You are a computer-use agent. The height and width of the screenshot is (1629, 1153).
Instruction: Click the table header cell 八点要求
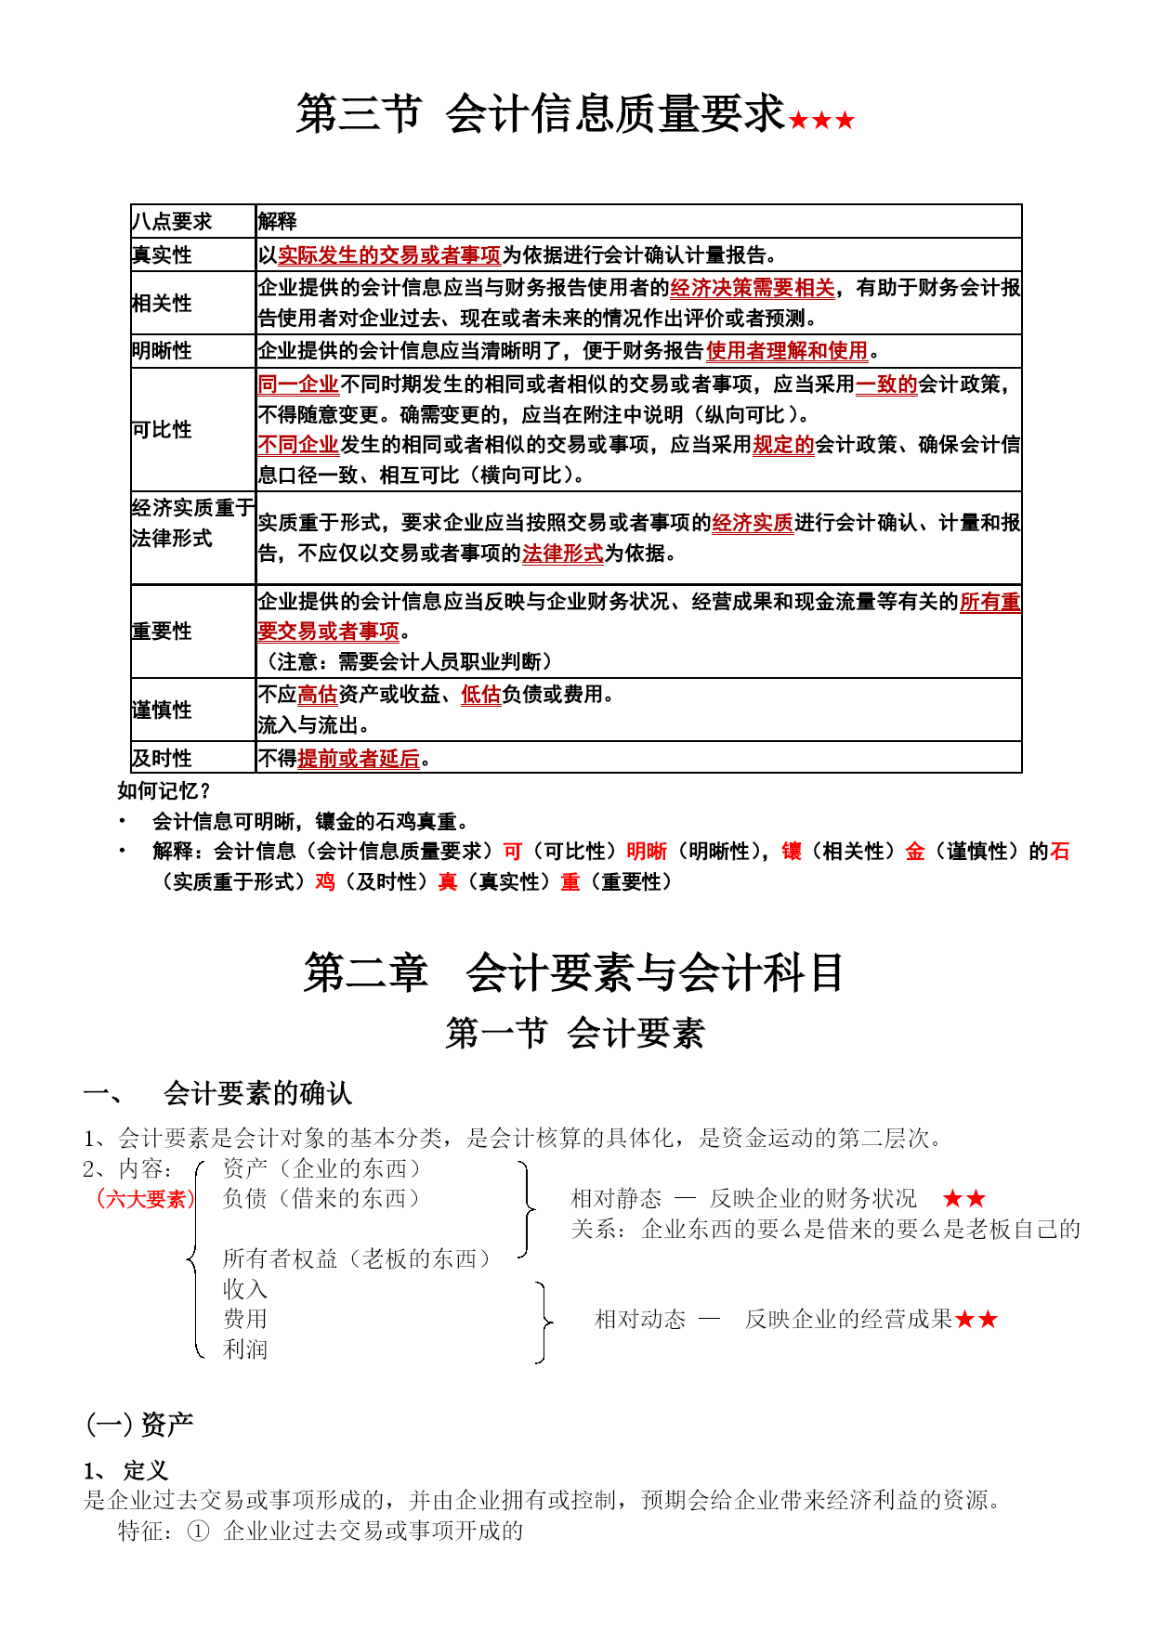pos(172,221)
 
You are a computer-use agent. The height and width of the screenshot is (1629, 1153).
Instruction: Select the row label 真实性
pos(162,254)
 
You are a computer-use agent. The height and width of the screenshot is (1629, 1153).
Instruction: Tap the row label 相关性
pos(162,303)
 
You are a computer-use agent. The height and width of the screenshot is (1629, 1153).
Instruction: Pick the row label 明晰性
pos(162,351)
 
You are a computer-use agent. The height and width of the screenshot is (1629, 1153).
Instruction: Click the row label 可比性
pos(162,429)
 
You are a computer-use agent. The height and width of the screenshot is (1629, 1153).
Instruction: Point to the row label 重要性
pos(162,632)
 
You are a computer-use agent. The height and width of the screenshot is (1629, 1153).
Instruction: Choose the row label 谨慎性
pos(162,710)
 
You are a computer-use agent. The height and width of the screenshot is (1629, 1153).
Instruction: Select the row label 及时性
pos(162,758)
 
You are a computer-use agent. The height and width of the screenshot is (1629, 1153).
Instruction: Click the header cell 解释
pos(277,221)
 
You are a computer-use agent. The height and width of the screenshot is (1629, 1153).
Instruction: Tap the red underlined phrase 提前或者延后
pos(359,759)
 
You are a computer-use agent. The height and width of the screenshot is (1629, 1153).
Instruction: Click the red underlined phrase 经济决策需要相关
pos(752,288)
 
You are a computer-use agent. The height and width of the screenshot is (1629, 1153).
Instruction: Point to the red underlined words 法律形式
pos(562,554)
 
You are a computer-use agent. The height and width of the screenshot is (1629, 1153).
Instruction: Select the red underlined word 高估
pos(318,695)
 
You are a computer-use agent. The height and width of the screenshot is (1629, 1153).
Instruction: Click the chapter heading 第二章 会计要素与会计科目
pos(573,973)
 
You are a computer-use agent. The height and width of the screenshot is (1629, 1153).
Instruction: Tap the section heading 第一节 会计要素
pos(575,1034)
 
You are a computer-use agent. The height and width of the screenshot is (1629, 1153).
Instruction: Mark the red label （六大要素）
pos(145,1199)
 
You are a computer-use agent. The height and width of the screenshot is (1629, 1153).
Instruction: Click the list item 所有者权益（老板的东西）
pos(356,1258)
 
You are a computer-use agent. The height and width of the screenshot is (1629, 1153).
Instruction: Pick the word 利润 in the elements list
pos(245,1349)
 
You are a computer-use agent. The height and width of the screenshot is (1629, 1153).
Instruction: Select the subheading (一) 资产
pos(139,1424)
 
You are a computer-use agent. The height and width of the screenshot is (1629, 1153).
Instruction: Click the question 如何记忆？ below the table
pos(164,791)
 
